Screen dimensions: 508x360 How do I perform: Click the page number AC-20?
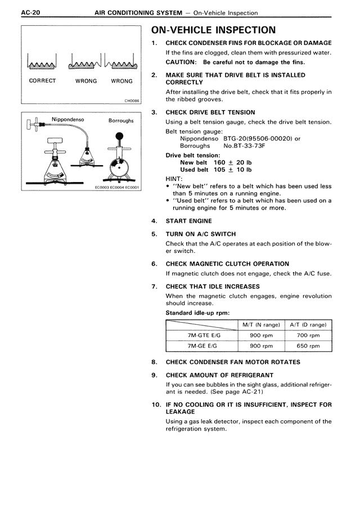click(x=17, y=12)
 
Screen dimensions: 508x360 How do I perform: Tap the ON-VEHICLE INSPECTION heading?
click(x=214, y=30)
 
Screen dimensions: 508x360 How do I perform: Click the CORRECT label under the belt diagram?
click(x=43, y=81)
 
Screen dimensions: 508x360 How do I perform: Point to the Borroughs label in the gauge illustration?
click(x=121, y=120)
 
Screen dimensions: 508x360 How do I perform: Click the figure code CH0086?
click(x=132, y=102)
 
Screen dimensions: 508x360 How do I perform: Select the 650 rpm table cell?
click(x=308, y=346)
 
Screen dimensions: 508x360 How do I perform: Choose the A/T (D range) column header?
click(x=308, y=324)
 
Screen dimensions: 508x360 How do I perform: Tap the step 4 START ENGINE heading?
click(x=189, y=221)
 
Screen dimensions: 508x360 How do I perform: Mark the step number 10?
click(x=156, y=404)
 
